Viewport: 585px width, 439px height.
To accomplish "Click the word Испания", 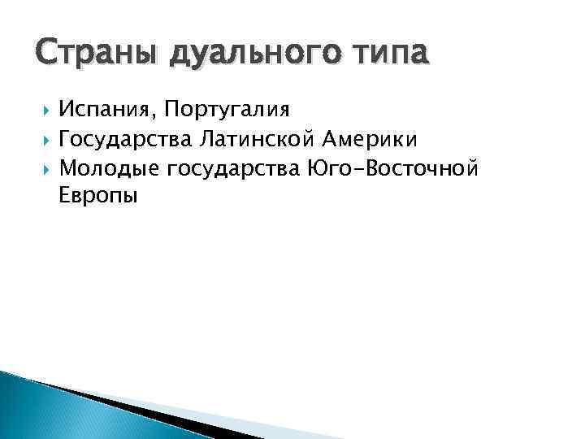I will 107,109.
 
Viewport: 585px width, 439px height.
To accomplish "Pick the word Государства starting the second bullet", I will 123,140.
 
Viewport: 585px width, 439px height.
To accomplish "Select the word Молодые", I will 109,168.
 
